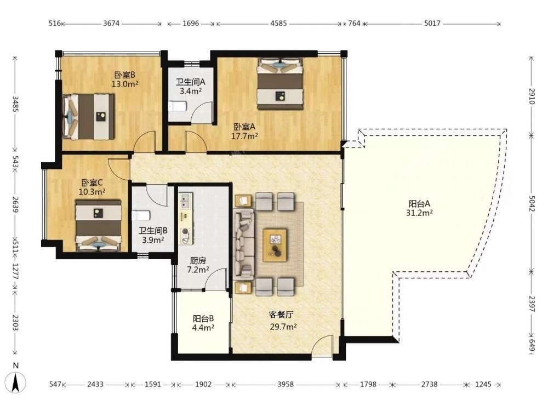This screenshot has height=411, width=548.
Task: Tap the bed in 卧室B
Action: [88, 117]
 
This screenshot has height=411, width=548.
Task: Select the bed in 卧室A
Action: [280, 84]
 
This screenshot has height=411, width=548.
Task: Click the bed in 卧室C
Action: [99, 225]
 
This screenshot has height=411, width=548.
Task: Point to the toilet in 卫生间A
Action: [177, 106]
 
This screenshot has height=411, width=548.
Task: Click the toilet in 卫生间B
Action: [141, 215]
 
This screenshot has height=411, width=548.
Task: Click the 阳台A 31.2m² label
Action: [419, 208]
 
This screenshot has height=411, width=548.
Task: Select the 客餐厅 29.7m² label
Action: [283, 321]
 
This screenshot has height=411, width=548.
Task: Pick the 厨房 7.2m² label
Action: [198, 265]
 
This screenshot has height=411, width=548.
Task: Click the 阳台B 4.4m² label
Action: [203, 323]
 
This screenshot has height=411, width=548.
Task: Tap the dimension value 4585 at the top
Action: [278, 24]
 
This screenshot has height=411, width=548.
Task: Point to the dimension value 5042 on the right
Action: [531, 203]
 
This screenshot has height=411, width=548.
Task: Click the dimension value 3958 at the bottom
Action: [286, 385]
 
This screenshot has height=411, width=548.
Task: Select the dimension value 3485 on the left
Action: [15, 104]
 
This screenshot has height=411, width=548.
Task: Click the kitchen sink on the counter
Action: [185, 201]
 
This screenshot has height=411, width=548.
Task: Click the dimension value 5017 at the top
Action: [432, 24]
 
